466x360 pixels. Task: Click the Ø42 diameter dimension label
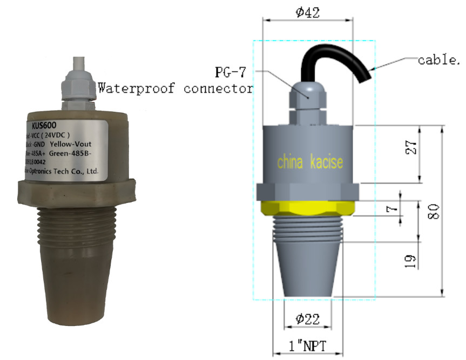(308, 12)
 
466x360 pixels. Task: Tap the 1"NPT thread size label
(307, 345)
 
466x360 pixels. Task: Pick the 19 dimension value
(411, 261)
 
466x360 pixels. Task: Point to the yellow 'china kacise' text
(309, 162)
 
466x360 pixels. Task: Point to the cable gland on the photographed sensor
(77, 86)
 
